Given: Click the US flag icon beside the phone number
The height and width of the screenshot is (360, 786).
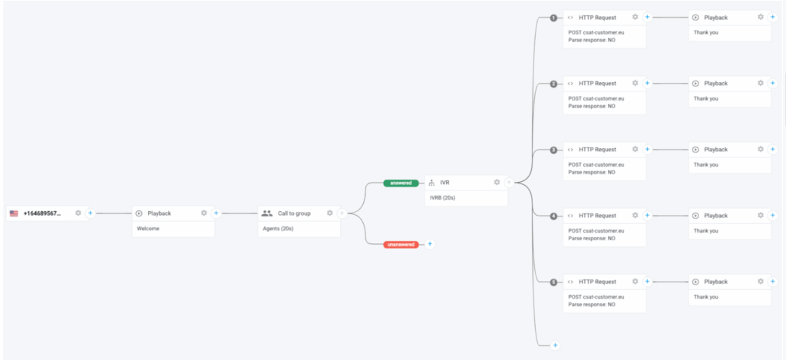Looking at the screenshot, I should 14,213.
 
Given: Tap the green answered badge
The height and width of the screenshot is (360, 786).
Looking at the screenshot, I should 401,183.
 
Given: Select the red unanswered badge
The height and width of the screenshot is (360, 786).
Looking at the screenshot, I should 401,244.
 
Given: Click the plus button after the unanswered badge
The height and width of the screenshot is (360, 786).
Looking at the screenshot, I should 429,244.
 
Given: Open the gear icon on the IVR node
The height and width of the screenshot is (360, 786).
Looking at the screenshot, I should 497,182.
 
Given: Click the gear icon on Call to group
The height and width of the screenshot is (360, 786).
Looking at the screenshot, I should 329,213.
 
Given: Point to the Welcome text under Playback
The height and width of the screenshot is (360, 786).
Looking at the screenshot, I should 147,228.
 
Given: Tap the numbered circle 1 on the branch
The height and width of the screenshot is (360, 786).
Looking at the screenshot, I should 553,18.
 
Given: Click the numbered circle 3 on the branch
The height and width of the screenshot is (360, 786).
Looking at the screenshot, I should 553,150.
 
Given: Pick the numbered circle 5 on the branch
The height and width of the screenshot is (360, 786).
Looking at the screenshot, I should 553,282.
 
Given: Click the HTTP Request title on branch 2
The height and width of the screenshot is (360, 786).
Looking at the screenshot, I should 597,83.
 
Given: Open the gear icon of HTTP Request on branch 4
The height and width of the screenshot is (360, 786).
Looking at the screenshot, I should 635,215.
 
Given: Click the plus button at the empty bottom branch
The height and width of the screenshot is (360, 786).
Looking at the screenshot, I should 554,345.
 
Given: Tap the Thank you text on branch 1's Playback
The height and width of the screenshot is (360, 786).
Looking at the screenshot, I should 705,32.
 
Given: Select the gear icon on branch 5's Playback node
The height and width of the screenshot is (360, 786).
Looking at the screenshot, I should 760,281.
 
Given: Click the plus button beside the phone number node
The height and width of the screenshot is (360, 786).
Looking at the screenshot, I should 90,213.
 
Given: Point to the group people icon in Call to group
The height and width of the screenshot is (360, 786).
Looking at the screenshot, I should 266,213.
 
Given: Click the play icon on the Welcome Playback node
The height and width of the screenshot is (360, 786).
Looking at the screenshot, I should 139,213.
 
